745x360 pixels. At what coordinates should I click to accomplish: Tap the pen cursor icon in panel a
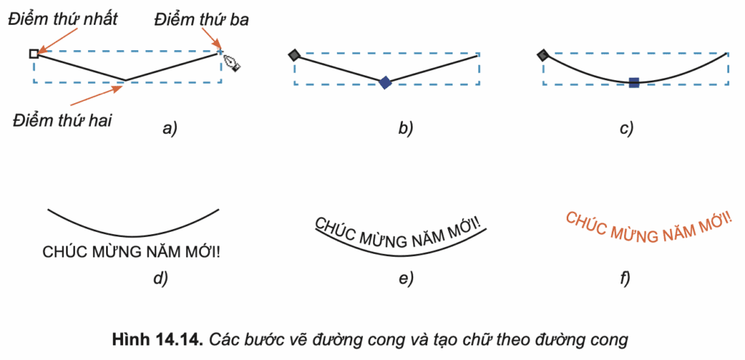(231, 63)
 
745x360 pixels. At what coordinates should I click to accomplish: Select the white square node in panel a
(33, 53)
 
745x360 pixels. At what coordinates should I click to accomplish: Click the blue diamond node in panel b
(385, 83)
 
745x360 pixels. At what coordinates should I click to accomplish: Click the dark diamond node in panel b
(294, 55)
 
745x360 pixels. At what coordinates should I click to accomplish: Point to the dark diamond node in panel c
(543, 55)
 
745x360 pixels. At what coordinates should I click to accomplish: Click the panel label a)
(170, 129)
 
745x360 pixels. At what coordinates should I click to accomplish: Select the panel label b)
(405, 129)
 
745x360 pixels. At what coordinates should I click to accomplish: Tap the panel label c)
(626, 129)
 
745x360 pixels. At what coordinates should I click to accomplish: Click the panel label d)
(161, 277)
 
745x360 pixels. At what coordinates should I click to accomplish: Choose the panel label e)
(405, 277)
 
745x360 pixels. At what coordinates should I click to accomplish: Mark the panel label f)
(624, 277)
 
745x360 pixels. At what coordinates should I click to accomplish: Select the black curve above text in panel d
(133, 227)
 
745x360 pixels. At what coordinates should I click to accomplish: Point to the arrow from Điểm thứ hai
(99, 95)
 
